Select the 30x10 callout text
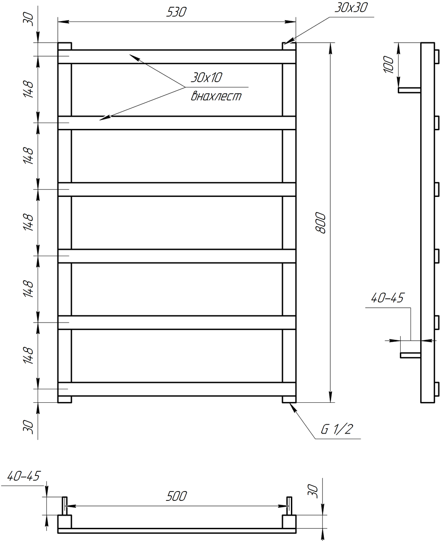click(x=206, y=77)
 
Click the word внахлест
click(x=216, y=97)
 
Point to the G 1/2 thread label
click(x=336, y=430)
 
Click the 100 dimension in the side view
click(x=389, y=65)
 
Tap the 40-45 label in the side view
click(x=387, y=298)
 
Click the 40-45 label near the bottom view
click(x=24, y=476)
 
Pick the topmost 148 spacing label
click(x=28, y=89)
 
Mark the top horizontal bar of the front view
click(x=177, y=57)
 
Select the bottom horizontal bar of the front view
click(x=177, y=389)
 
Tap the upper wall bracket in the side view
click(x=409, y=90)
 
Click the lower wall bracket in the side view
click(x=410, y=355)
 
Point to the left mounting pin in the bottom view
click(x=65, y=505)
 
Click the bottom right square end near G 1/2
click(x=289, y=399)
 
